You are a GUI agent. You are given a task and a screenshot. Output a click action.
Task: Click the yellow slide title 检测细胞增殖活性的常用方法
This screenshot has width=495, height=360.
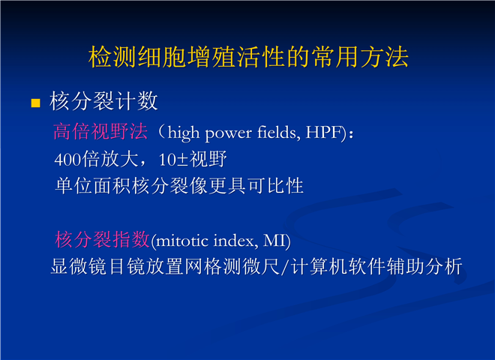[x=248, y=57]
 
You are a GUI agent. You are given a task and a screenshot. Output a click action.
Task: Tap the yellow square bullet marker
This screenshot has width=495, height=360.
[x=36, y=103]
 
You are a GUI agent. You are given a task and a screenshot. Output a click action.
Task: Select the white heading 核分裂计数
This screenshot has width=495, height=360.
[x=103, y=101]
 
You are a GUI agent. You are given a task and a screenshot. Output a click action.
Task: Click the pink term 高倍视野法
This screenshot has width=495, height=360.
[x=100, y=131]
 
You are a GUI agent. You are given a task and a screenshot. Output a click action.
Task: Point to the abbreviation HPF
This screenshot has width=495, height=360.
[x=323, y=133]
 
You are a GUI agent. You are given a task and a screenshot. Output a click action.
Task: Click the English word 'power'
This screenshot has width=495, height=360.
[x=228, y=134]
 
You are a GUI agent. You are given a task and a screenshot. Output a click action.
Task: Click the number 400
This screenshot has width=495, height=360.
[x=67, y=160]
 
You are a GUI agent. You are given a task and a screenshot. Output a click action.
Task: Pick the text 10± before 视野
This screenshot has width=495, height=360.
[x=173, y=160]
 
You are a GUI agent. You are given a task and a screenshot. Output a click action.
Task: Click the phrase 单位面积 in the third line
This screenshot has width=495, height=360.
[x=93, y=186]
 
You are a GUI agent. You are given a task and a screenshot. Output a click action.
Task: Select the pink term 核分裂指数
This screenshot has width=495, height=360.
[x=102, y=239]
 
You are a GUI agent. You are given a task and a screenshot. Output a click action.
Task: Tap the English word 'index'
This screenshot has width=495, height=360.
[x=234, y=241]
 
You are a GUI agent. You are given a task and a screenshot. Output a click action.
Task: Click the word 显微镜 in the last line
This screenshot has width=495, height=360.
[x=79, y=266]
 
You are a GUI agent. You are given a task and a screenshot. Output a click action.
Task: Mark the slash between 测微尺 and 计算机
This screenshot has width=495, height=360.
[x=285, y=267]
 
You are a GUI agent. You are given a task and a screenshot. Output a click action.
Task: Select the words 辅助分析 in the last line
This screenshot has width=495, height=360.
[x=424, y=266]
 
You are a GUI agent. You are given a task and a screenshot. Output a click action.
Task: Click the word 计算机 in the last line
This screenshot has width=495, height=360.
[x=318, y=266]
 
